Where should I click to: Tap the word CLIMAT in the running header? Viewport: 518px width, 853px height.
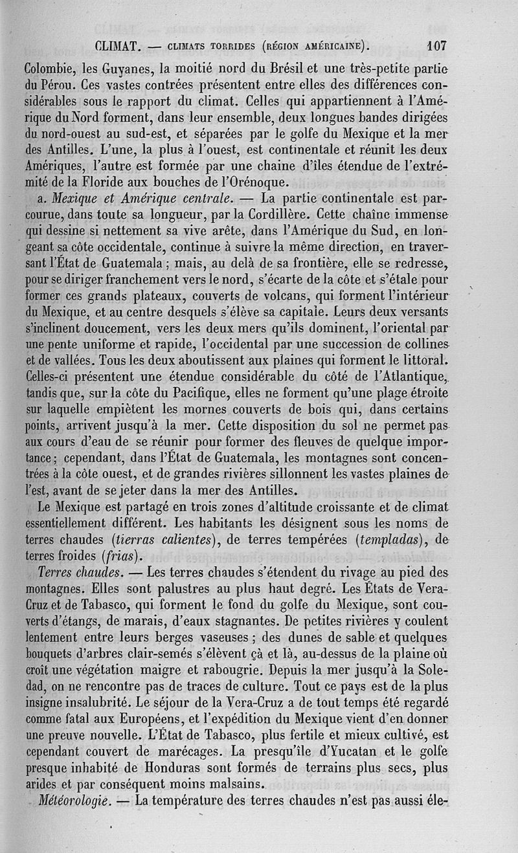[x=118, y=47]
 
